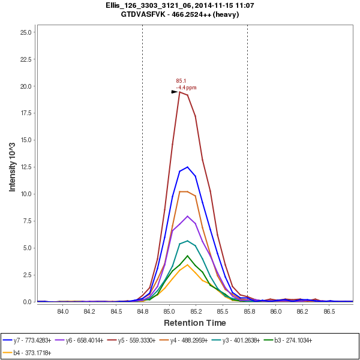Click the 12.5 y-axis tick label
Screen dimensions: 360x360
[25, 167]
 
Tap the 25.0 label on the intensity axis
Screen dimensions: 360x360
[25, 32]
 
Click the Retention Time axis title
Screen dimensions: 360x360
[194, 323]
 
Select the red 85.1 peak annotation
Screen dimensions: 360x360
[181, 81]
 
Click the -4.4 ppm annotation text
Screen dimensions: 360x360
[186, 88]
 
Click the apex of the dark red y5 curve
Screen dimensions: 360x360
[180, 92]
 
